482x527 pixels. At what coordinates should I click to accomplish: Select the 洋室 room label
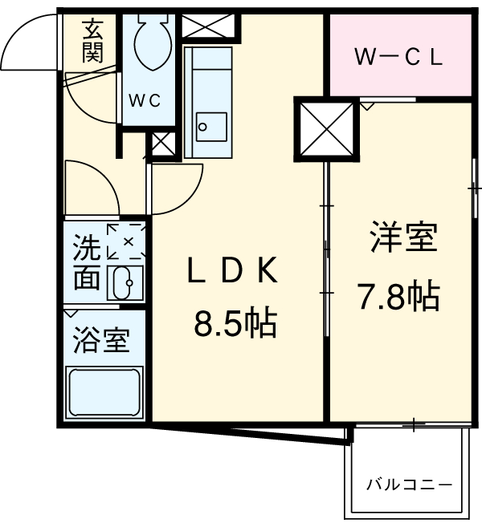coord(403,239)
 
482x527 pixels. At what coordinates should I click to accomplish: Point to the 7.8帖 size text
coord(398,297)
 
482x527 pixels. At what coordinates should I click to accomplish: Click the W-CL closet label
coord(399,59)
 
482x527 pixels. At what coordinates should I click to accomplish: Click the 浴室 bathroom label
coord(101,341)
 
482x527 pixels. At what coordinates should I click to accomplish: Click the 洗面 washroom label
coord(86,261)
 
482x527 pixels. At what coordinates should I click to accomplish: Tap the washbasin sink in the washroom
coord(125,283)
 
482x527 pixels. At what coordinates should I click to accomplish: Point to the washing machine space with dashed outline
coord(126,240)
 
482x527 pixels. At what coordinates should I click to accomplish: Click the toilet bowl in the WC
coord(149,44)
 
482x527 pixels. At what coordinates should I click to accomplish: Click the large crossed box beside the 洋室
coord(325,128)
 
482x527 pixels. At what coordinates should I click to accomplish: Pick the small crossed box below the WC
coord(161,145)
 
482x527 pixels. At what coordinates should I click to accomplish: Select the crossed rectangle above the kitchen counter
coord(210,26)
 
